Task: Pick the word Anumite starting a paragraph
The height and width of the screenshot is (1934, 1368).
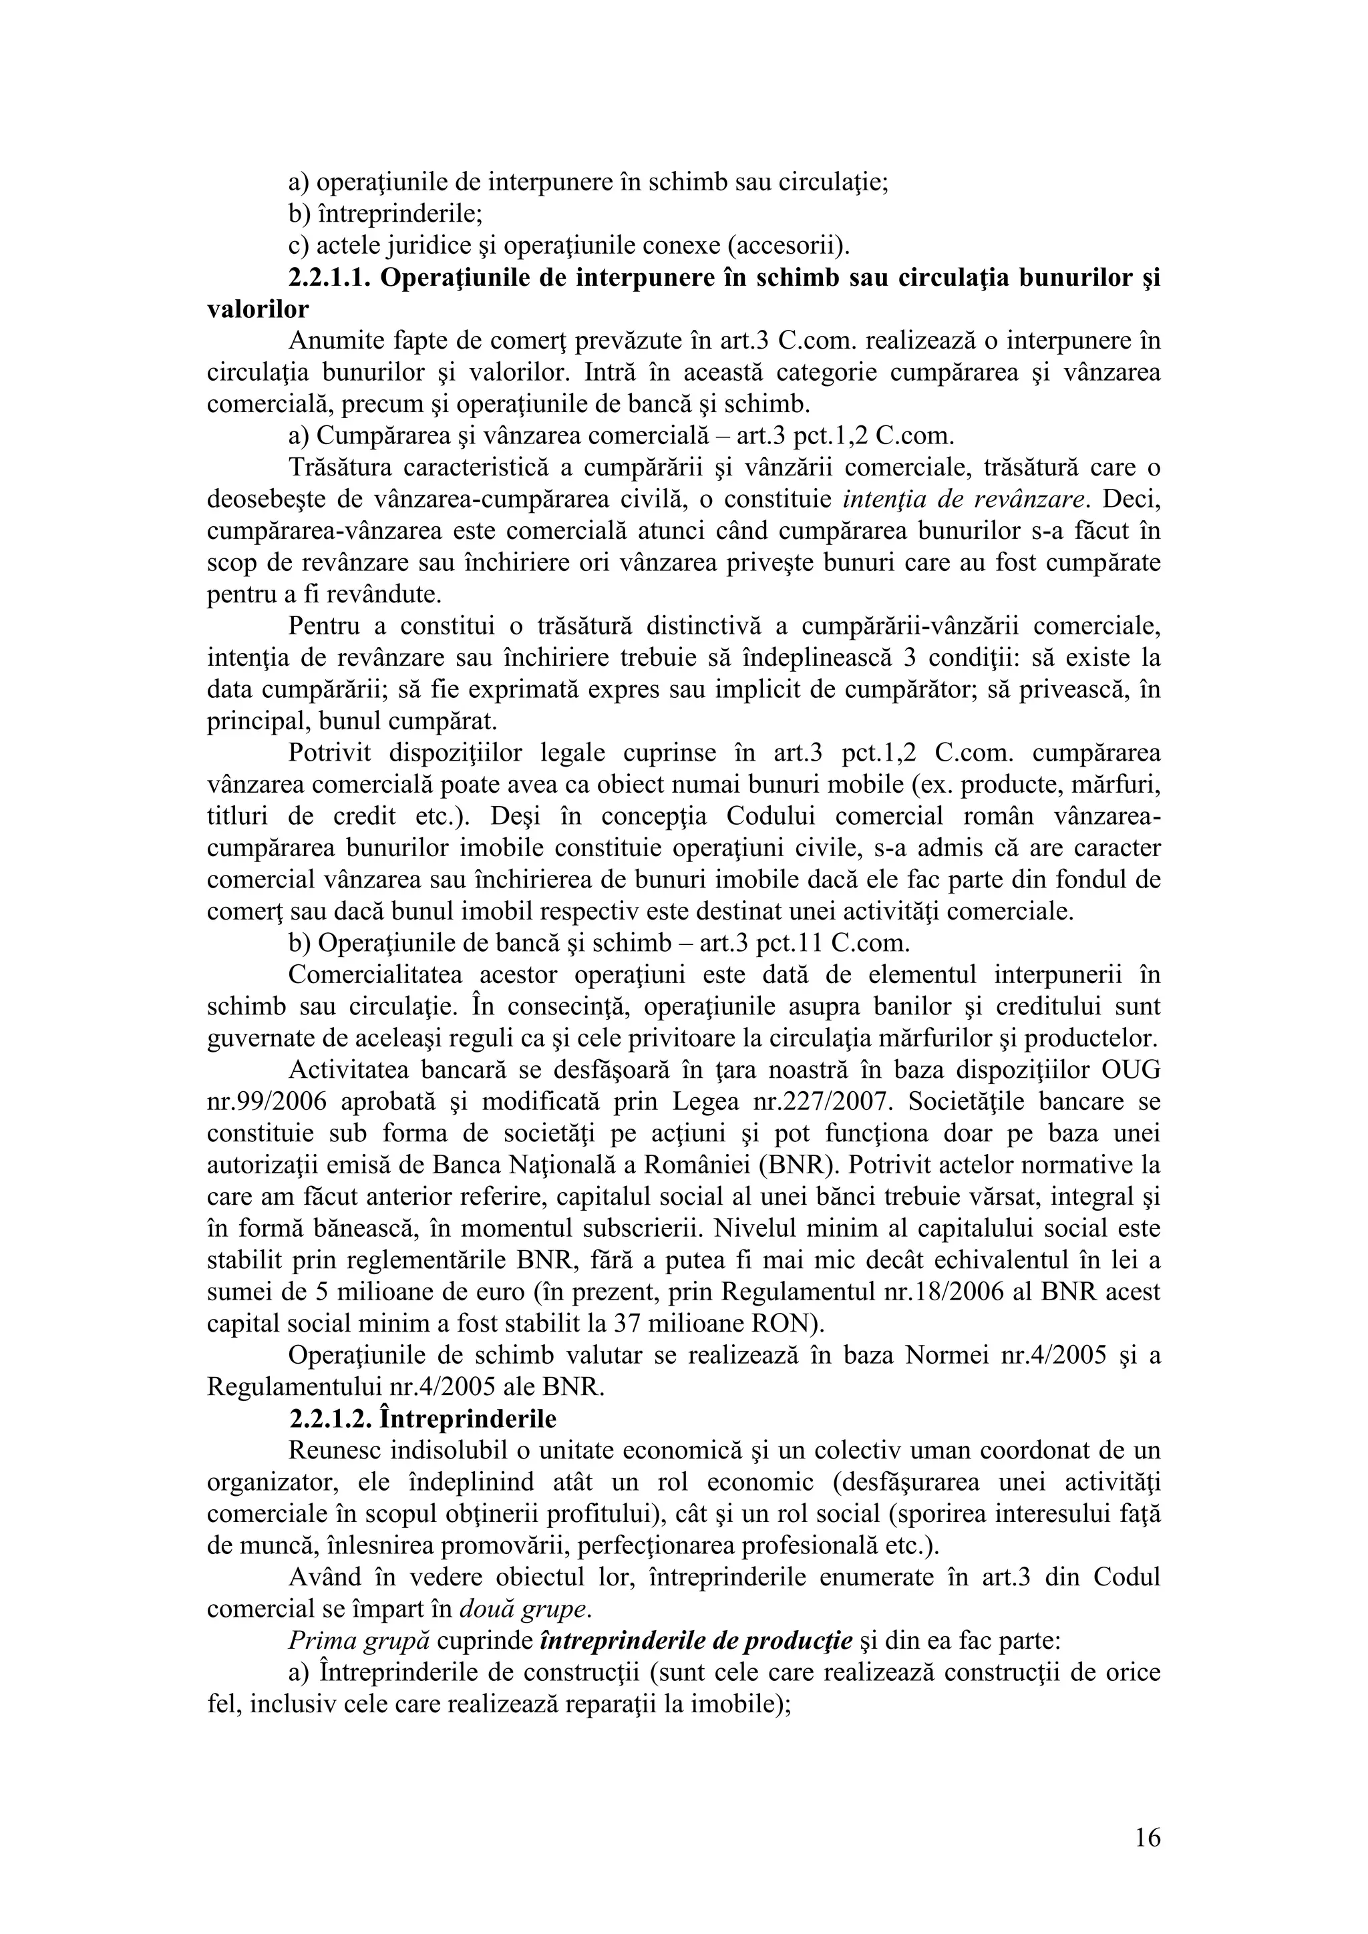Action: tap(335, 341)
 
